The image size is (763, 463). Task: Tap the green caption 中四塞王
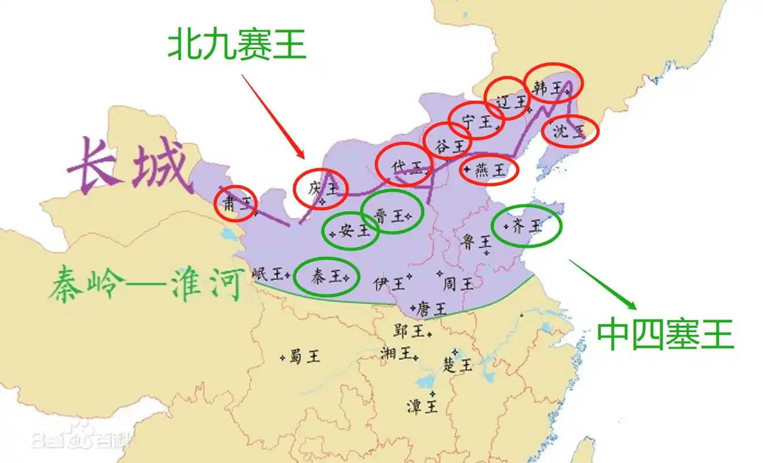click(665, 335)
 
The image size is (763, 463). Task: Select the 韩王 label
click(547, 88)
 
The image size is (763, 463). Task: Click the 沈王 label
click(569, 131)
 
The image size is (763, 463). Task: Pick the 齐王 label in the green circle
click(527, 226)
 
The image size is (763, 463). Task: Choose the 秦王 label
click(326, 277)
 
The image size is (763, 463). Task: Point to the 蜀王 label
click(304, 356)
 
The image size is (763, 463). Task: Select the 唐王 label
click(432, 308)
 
